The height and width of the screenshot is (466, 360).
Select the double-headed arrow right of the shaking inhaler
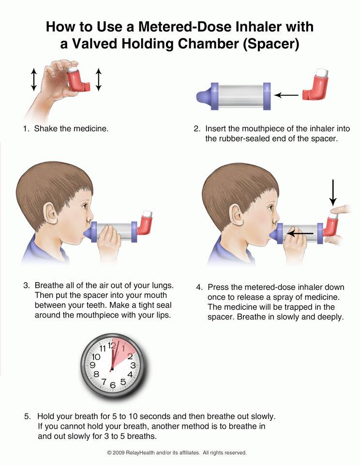[98, 79]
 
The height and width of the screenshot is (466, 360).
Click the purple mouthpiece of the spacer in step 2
[203, 94]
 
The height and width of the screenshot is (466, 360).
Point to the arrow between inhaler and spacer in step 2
[286, 95]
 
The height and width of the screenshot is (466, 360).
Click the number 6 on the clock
[112, 385]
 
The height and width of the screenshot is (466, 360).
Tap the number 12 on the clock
[112, 346]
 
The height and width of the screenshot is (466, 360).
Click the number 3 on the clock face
[132, 365]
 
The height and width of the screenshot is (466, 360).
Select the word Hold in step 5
[45, 416]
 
